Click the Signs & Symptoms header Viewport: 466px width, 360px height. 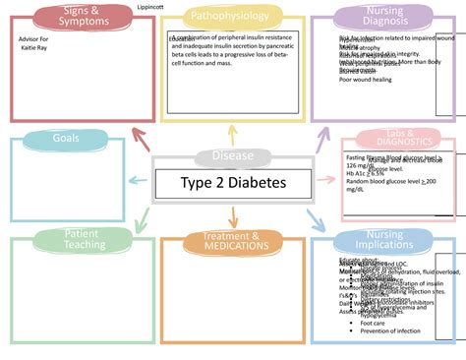(x=84, y=16)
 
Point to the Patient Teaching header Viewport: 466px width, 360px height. (x=80, y=239)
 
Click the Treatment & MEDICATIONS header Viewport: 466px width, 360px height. (x=231, y=241)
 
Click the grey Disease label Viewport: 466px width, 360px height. (x=231, y=156)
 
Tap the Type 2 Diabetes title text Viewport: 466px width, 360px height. (x=231, y=183)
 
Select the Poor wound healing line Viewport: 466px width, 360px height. (x=367, y=81)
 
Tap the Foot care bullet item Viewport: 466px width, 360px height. (x=373, y=323)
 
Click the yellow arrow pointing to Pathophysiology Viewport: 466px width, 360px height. (x=231, y=136)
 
